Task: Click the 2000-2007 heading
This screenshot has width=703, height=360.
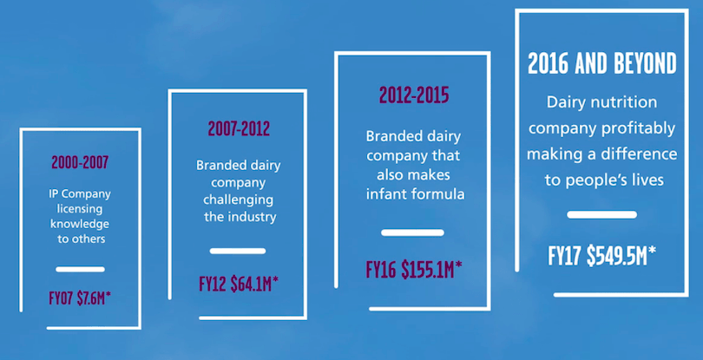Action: click(x=80, y=162)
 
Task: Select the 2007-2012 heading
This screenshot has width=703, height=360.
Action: click(x=239, y=128)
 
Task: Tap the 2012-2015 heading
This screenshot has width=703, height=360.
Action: click(x=414, y=95)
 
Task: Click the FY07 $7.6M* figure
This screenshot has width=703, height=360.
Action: click(x=80, y=299)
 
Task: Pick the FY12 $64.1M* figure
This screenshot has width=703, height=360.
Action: click(x=239, y=285)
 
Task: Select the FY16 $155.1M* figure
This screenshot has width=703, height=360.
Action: click(x=414, y=269)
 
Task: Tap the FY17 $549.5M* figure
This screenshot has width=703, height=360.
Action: click(x=601, y=256)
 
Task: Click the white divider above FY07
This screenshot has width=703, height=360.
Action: click(x=80, y=269)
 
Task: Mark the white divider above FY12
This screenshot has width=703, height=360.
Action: click(x=238, y=251)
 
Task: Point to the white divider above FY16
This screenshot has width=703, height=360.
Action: click(x=412, y=232)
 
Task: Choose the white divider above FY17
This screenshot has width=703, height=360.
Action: click(x=601, y=214)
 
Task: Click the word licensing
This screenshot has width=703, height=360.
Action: click(x=80, y=209)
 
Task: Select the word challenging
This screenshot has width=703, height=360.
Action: click(x=239, y=200)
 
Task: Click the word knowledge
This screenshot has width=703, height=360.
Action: click(x=80, y=224)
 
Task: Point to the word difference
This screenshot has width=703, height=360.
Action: click(x=639, y=154)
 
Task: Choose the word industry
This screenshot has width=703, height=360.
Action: click(x=253, y=218)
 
